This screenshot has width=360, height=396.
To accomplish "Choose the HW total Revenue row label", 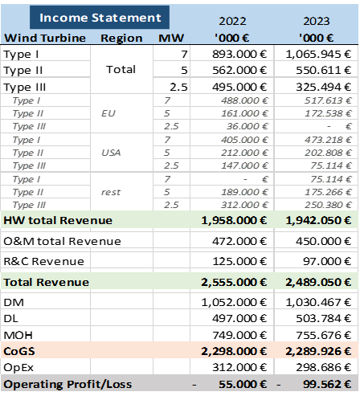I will point(58,220).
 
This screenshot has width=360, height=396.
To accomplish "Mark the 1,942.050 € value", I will point(317,220).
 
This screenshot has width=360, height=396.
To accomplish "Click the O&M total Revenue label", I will point(62,241).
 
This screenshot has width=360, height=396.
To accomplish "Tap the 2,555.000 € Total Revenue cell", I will point(233,282).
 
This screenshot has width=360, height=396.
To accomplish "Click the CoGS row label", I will point(21,351).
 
